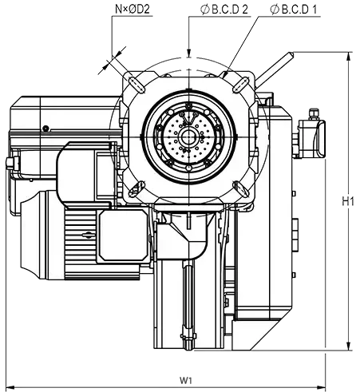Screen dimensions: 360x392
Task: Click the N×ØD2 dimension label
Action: (133, 10)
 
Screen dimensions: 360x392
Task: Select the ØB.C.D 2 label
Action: (224, 10)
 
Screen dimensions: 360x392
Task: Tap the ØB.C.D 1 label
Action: (294, 10)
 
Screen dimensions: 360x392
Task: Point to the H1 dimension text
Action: (347, 201)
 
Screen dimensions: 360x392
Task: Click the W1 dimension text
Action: (185, 380)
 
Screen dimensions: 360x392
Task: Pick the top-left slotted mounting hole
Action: (136, 84)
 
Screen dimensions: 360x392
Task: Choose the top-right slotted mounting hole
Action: (240, 85)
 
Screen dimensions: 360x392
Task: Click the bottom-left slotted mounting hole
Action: (136, 188)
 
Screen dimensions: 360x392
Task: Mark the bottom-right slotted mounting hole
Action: (240, 188)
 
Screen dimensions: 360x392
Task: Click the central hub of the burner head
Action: (188, 137)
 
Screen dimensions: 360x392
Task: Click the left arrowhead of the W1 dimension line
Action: (10, 386)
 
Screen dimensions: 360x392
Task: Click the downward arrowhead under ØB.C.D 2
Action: (188, 53)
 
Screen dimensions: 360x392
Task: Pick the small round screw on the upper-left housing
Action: (46, 129)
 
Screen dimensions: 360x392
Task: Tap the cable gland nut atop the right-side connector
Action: (314, 113)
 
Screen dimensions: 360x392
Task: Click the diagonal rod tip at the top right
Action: (291, 54)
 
